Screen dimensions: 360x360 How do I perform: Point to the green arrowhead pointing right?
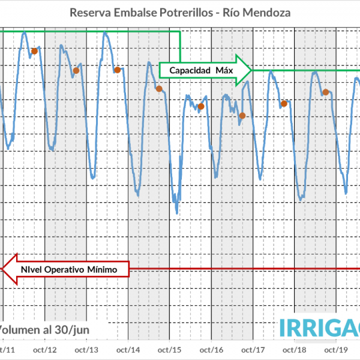click(243, 70)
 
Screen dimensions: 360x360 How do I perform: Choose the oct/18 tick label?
click(295, 350)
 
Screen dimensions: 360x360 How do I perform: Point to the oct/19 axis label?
click(337, 350)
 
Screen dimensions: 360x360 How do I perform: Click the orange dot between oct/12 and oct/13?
click(76, 71)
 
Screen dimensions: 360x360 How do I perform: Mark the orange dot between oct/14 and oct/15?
click(159, 89)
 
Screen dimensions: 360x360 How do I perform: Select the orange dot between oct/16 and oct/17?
click(242, 116)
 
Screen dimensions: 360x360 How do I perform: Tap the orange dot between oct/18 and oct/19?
click(325, 92)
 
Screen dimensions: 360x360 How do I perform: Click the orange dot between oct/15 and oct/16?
click(201, 107)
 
